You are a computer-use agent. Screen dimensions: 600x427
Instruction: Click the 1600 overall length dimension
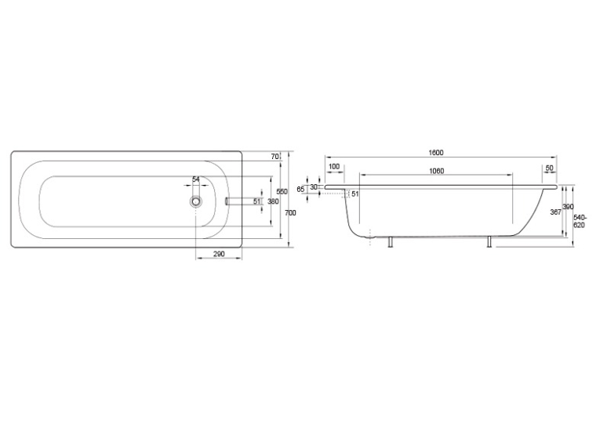[436, 153]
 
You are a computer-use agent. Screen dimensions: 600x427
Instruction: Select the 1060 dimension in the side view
[436, 171]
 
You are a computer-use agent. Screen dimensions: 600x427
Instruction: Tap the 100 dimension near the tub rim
[334, 167]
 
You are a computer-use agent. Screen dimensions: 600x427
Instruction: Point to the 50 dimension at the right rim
[550, 168]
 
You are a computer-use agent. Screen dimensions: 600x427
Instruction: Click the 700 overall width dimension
[291, 213]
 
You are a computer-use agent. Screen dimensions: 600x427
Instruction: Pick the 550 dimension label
[282, 191]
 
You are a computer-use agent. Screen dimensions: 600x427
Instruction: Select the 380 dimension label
[273, 201]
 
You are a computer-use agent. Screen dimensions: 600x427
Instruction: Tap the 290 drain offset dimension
[219, 254]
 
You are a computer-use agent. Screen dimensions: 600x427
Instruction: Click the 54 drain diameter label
[196, 179]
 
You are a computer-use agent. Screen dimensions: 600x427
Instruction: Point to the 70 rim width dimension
[275, 157]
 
